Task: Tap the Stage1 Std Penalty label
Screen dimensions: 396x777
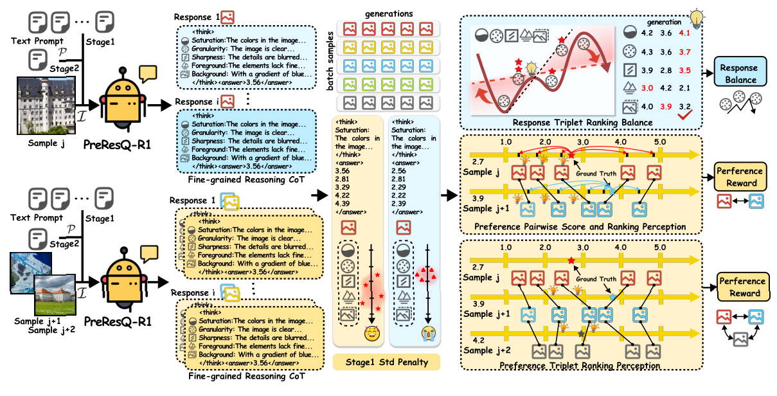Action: pyautogui.click(x=386, y=362)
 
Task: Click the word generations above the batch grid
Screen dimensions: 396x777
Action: pyautogui.click(x=389, y=14)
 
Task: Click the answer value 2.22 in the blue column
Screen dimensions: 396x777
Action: pyautogui.click(x=402, y=195)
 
